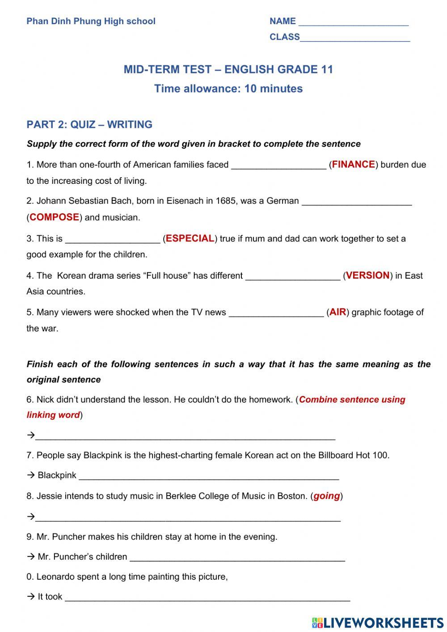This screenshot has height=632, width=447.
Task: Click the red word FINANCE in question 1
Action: (354, 165)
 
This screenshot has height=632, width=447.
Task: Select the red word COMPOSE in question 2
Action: (55, 217)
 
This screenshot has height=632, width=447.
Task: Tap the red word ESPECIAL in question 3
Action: (190, 238)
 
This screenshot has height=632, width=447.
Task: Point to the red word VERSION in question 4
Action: (368, 276)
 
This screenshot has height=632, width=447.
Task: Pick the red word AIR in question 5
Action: (338, 312)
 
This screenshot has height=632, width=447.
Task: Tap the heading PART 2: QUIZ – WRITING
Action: (89, 124)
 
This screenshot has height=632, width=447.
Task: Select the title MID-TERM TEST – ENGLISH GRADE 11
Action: (228, 69)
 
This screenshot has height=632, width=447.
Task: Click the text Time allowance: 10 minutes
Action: (228, 89)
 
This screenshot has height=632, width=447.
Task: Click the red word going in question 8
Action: (327, 496)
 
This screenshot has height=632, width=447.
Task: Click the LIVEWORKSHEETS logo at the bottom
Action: (378, 623)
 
